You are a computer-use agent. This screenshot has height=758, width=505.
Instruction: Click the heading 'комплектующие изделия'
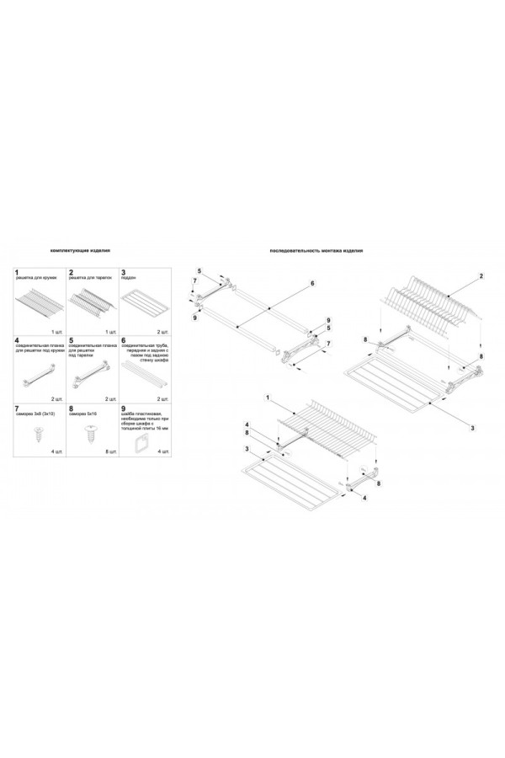coord(81,251)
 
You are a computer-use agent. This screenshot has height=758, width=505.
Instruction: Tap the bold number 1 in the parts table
coord(17,273)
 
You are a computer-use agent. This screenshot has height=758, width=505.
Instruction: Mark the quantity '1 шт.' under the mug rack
coord(57,334)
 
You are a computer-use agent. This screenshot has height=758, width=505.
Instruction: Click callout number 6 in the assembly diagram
coord(312,284)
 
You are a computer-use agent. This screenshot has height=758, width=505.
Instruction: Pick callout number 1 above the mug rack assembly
coord(267,396)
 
